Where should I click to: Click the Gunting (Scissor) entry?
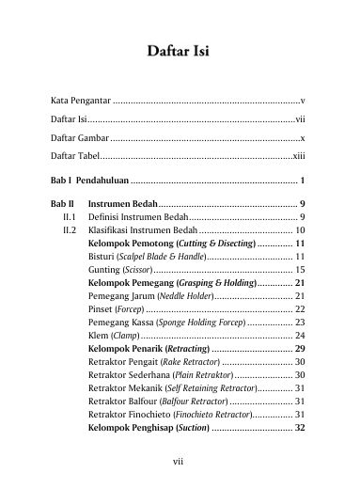coord(113,269)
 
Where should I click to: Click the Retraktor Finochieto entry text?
coord(130,401)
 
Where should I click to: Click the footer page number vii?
coord(180,462)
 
